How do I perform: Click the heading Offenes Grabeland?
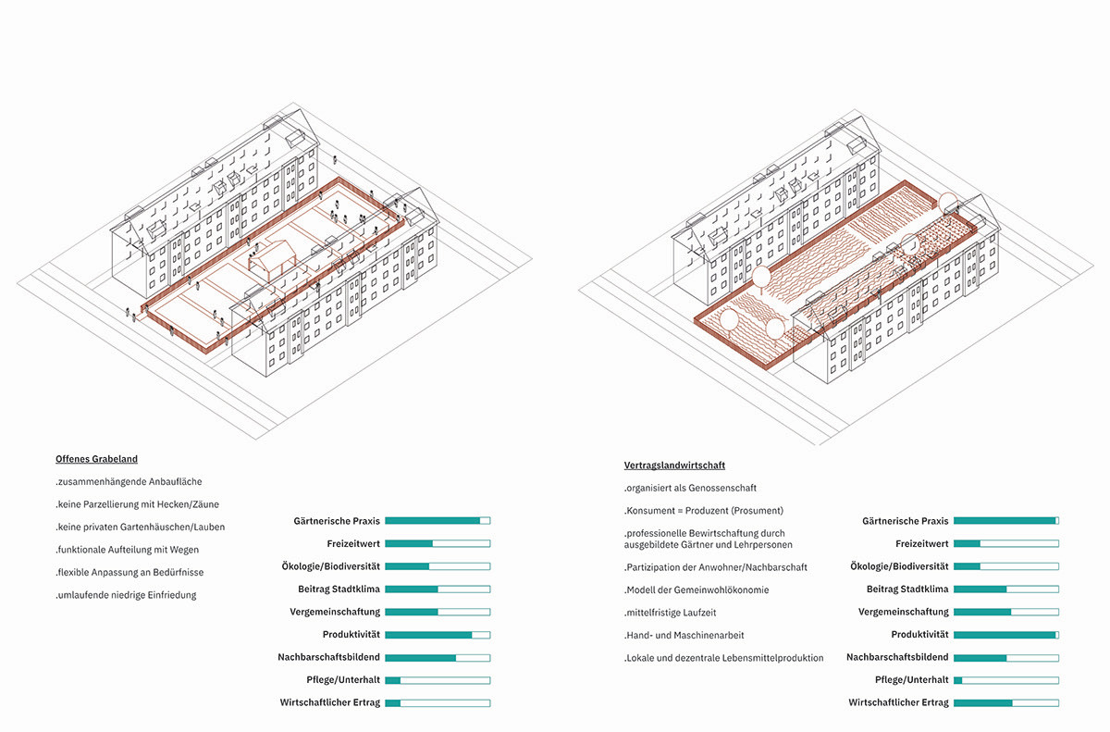(x=96, y=459)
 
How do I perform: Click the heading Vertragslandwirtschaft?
(x=674, y=465)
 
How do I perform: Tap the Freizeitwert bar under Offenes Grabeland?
(x=438, y=543)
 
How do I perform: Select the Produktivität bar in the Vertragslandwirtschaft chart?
(x=1006, y=635)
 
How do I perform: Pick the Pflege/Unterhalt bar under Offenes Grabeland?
(x=438, y=680)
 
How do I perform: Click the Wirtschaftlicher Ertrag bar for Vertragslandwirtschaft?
(x=1006, y=702)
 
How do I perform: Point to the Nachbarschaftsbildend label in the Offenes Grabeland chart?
(x=328, y=657)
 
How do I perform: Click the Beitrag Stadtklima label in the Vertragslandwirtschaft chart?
(x=907, y=589)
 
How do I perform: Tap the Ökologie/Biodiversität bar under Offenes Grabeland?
(x=438, y=566)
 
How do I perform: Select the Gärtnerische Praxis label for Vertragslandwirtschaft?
(x=906, y=521)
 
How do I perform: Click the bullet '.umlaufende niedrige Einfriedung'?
(x=126, y=595)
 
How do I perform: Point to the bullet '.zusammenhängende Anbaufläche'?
(x=129, y=482)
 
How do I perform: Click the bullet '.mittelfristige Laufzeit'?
(x=670, y=613)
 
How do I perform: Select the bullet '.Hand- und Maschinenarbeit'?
(x=684, y=636)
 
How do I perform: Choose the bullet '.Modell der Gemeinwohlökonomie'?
(x=697, y=589)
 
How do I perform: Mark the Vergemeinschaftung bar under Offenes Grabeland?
(x=438, y=612)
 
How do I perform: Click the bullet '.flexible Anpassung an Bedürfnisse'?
(x=129, y=573)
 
